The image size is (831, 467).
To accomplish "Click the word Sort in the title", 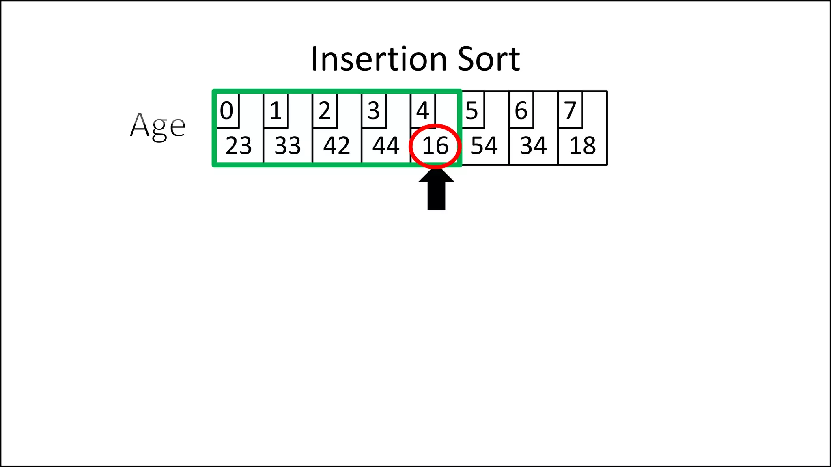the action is pyautogui.click(x=489, y=59).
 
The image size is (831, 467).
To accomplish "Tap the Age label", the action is pyautogui.click(x=157, y=126).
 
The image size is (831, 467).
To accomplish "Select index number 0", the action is pyautogui.click(x=226, y=111).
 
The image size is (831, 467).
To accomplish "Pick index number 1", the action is pyautogui.click(x=276, y=111).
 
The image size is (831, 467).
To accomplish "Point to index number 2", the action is pyautogui.click(x=325, y=111).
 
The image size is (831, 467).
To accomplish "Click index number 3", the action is pyautogui.click(x=374, y=111).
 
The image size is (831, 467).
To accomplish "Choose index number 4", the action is pyautogui.click(x=423, y=111).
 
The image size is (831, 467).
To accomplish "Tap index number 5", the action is pyautogui.click(x=472, y=111).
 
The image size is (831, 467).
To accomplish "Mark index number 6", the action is pyautogui.click(x=521, y=111).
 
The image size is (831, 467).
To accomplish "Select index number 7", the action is pyautogui.click(x=570, y=111).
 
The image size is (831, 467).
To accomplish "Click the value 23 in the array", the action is pyautogui.click(x=239, y=146).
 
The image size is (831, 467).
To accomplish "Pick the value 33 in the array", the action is pyautogui.click(x=288, y=146).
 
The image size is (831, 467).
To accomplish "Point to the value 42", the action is pyautogui.click(x=337, y=146).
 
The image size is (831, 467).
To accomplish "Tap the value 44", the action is pyautogui.click(x=386, y=146).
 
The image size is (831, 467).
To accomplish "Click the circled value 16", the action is pyautogui.click(x=435, y=146).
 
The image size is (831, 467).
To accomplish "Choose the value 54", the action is pyautogui.click(x=484, y=146).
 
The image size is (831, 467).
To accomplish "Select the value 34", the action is pyautogui.click(x=534, y=146).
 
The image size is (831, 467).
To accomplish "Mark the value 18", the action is pyautogui.click(x=583, y=146).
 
